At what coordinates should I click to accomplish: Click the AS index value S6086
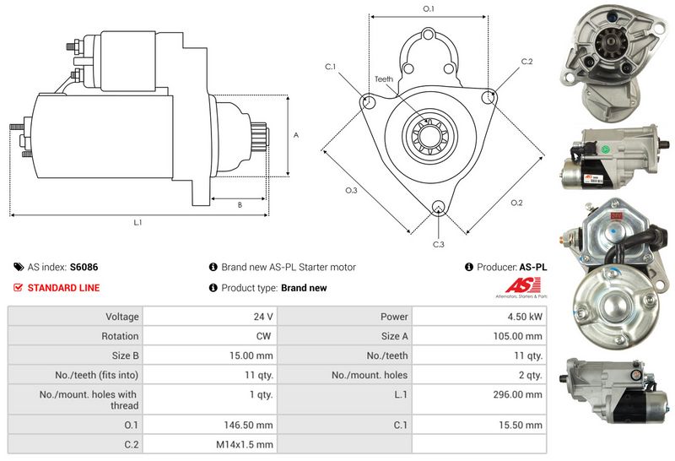(84, 267)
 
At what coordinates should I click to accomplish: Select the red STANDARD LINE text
(63, 288)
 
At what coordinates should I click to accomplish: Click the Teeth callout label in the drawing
(384, 79)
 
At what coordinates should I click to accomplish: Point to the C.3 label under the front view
(438, 244)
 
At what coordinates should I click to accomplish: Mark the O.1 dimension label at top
(428, 8)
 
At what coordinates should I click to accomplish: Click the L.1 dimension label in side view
(138, 223)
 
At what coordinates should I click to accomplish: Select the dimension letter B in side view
(240, 204)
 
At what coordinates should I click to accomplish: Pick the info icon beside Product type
(213, 288)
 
